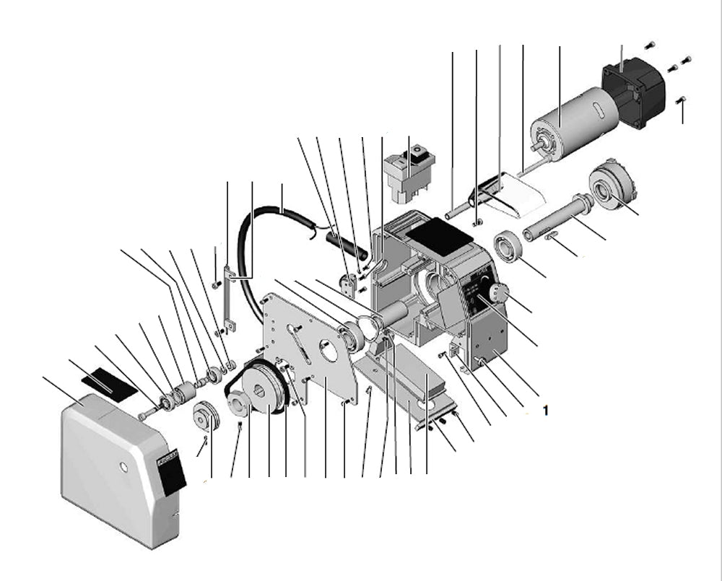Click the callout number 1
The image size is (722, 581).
click(546, 410)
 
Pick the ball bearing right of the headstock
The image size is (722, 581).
click(509, 246)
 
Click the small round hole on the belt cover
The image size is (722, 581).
click(123, 468)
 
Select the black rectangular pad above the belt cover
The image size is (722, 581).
click(108, 380)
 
